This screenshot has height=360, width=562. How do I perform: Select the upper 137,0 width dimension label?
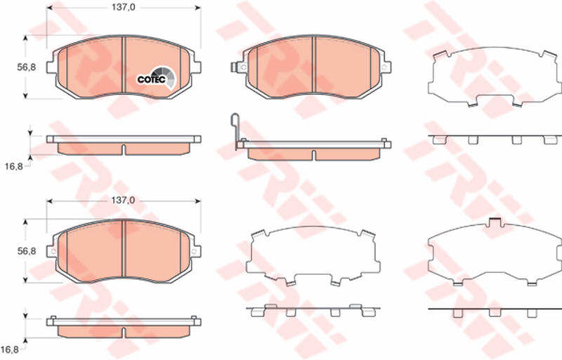coord(123,7)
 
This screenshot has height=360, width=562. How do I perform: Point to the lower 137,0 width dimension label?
coord(123,200)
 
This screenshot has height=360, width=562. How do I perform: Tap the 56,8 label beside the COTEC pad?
coord(27,67)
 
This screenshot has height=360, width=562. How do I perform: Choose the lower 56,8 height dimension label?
coord(27,251)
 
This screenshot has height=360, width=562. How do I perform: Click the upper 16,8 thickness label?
coord(13,167)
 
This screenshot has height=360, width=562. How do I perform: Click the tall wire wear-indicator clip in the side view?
coord(235,131)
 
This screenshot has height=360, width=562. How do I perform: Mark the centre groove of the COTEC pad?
coord(124,65)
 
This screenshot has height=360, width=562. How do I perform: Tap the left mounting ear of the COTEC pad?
coord(51,67)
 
